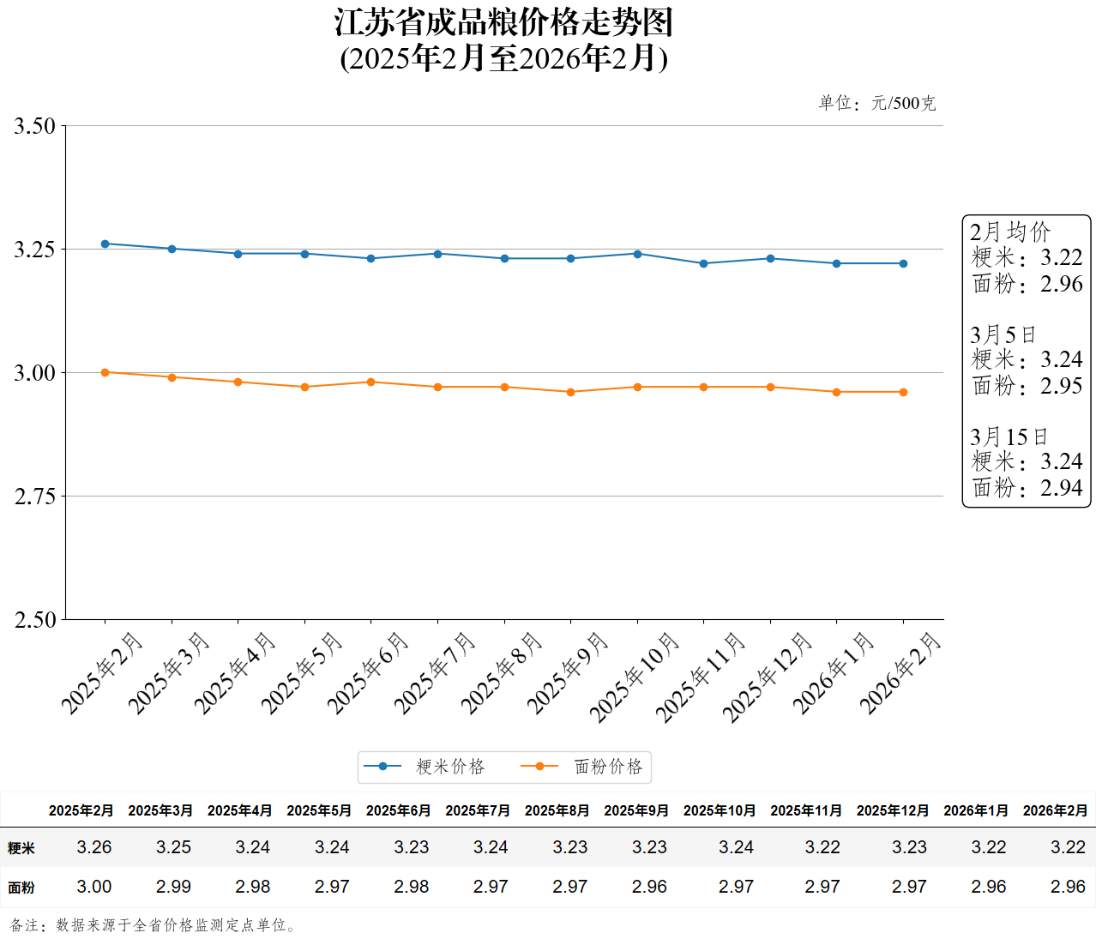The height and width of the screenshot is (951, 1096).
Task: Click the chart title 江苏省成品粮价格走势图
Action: point(504,23)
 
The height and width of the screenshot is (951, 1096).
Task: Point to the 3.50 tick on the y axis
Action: point(34,126)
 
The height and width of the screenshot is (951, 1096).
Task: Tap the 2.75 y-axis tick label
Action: point(34,497)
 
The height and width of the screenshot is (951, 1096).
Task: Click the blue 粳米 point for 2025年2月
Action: point(105,244)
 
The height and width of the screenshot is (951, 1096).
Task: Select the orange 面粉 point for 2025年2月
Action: point(105,372)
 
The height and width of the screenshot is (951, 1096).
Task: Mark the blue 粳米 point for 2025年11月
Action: point(704,263)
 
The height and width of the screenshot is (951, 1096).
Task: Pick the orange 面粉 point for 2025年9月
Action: point(571,392)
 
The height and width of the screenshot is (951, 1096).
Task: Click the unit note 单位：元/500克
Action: point(877,104)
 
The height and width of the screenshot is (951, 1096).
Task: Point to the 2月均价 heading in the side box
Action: point(1010,232)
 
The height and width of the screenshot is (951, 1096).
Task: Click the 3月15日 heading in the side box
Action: point(1009,436)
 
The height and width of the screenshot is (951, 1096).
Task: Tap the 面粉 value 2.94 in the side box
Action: point(1062,488)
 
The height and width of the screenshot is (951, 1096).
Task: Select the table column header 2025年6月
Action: point(399,810)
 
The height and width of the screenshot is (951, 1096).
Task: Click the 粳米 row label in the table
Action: point(21,848)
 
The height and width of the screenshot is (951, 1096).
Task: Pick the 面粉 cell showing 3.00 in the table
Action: point(94,887)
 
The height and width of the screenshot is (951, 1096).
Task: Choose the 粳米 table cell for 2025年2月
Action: point(94,847)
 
